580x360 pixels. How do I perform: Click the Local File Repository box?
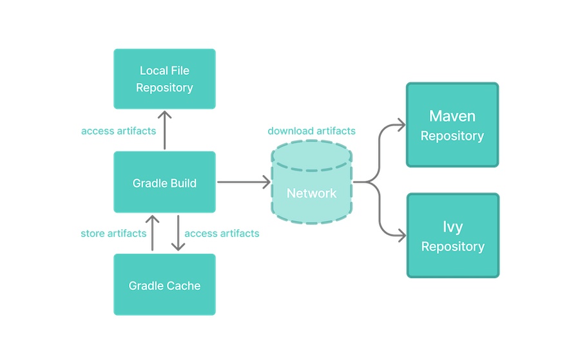tap(164, 79)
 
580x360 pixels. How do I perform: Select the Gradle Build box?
tap(164, 183)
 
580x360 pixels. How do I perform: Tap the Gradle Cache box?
tap(164, 285)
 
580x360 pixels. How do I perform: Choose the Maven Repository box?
tap(452, 125)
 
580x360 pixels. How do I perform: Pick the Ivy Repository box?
tap(452, 236)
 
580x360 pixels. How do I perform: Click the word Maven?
tap(452, 117)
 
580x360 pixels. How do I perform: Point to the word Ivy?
tap(452, 227)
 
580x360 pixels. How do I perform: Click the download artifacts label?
tap(311, 131)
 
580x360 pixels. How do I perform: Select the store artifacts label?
tap(113, 233)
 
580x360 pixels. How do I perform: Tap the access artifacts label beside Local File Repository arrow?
tap(118, 131)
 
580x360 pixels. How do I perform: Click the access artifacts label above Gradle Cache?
tap(222, 233)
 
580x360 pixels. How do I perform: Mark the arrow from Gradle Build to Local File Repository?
tap(164, 131)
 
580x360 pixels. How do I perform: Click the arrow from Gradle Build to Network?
tap(243, 183)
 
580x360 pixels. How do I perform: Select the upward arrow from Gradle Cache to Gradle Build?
tap(153, 233)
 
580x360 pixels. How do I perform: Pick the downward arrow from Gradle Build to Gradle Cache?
tap(177, 233)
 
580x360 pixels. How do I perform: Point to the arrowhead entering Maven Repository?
tap(400, 122)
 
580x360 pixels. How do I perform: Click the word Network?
tap(312, 193)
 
